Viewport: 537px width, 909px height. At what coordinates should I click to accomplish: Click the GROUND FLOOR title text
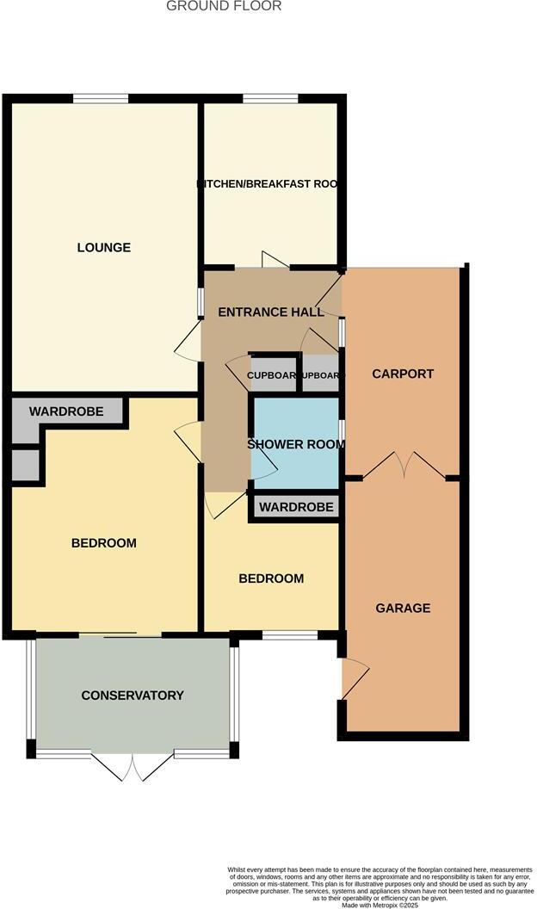[224, 6]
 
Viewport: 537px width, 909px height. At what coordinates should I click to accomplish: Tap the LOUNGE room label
[104, 248]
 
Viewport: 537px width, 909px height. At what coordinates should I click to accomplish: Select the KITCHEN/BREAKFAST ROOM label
[268, 184]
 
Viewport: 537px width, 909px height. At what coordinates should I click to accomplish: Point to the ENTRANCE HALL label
[270, 312]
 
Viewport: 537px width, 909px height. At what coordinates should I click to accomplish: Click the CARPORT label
[402, 374]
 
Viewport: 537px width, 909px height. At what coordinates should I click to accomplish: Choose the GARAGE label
[403, 609]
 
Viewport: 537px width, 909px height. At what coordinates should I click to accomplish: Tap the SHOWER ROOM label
[295, 445]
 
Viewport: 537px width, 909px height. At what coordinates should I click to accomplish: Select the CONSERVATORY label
[133, 696]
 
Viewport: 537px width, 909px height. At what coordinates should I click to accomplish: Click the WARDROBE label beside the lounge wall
[66, 412]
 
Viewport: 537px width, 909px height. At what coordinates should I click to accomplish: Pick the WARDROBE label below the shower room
[296, 507]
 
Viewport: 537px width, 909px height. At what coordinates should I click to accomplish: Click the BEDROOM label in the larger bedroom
[103, 543]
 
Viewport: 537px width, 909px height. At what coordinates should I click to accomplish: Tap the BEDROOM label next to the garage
[271, 578]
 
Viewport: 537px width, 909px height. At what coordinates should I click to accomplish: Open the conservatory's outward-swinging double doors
[133, 765]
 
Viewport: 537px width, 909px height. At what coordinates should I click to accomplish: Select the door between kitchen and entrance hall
[273, 260]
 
